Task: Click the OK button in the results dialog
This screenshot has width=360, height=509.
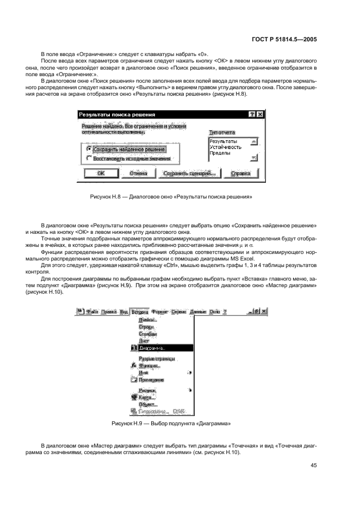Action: point(101,173)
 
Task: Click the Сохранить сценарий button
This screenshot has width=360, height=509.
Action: point(189,173)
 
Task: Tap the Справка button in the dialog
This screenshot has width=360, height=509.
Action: point(240,173)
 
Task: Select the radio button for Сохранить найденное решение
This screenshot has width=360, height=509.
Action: point(89,148)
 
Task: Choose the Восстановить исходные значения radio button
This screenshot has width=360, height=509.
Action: point(89,159)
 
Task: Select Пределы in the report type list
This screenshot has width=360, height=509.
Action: point(220,153)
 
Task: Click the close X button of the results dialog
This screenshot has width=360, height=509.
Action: point(260,115)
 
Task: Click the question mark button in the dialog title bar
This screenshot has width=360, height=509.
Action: point(252,115)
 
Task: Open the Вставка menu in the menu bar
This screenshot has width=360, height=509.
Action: point(140,312)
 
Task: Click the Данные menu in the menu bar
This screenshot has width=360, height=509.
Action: point(198,312)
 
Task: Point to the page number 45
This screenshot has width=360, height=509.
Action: point(314,465)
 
